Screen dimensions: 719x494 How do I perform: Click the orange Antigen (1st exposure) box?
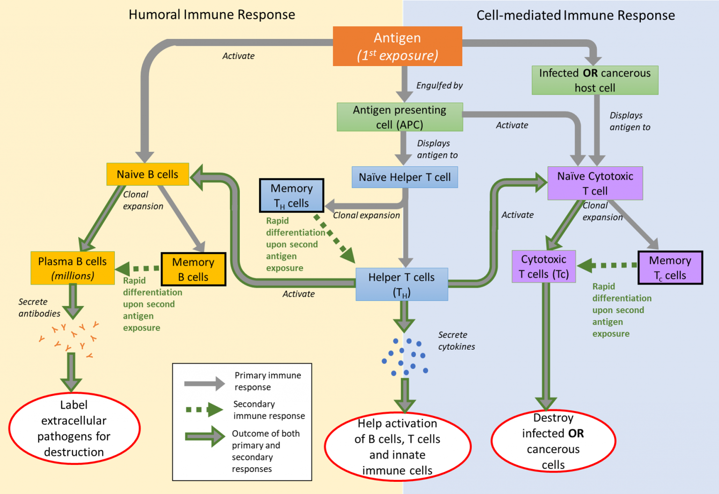tap(397, 46)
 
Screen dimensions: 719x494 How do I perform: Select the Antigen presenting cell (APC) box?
tap(400, 117)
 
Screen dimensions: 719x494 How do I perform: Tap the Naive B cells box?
tap(147, 174)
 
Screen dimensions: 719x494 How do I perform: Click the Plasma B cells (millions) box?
tap(73, 268)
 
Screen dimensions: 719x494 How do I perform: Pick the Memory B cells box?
tap(193, 269)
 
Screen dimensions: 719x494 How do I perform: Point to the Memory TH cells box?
tap(292, 195)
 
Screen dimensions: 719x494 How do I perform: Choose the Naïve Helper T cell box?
tap(405, 177)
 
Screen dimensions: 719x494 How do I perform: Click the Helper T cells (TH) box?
tap(402, 284)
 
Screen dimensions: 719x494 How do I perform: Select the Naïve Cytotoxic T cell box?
tap(595, 183)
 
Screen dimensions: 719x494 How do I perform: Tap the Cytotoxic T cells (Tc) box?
tap(544, 266)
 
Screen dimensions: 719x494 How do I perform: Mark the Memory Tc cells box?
tap(670, 267)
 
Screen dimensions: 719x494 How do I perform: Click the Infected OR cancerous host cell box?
tap(595, 80)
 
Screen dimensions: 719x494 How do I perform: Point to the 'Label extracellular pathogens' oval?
tap(74, 428)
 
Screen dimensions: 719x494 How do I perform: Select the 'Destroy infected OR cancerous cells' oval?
tap(553, 441)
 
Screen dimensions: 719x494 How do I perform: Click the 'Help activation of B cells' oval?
tap(397, 447)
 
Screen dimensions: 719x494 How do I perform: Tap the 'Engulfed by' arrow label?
tap(440, 85)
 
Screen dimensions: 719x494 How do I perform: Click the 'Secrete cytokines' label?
tap(456, 340)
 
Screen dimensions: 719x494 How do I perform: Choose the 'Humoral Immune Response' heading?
tap(212, 15)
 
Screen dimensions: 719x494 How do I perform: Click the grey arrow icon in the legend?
tap(205, 383)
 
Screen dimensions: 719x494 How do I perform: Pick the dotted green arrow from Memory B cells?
tap(137, 268)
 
